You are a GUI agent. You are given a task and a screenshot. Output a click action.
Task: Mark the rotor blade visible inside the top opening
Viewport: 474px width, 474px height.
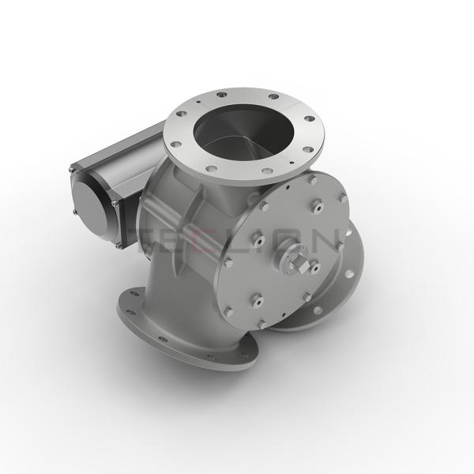pos(237,138)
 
